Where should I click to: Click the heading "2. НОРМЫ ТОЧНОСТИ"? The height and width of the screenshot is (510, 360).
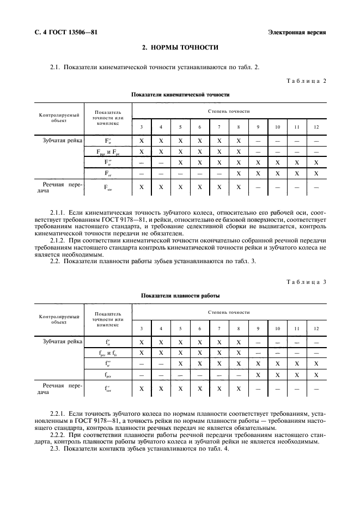[180, 48]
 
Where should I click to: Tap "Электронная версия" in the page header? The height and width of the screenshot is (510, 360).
[297, 32]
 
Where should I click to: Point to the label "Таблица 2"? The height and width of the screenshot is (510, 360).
[306, 81]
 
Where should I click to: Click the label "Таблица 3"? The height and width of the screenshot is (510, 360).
[306, 282]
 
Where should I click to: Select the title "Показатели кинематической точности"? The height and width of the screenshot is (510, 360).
[180, 94]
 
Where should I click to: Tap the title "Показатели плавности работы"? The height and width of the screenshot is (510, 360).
[180, 295]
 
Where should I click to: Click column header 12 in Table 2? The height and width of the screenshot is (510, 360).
[316, 127]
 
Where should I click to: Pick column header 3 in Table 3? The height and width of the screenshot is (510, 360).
[142, 329]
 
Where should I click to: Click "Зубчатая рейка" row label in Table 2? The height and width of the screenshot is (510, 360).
[62, 141]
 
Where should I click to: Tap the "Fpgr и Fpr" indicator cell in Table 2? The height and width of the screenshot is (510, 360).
[107, 151]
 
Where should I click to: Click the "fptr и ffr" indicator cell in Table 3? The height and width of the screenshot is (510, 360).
[107, 353]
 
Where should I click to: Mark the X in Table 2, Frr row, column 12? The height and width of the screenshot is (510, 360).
[316, 173]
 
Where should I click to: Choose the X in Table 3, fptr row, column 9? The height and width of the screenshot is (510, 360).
[258, 374]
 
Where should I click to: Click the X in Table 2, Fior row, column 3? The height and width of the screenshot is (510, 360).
[142, 187]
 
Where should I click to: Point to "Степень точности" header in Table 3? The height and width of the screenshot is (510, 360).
[229, 312]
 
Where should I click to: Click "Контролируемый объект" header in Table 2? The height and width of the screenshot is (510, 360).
[58, 118]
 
